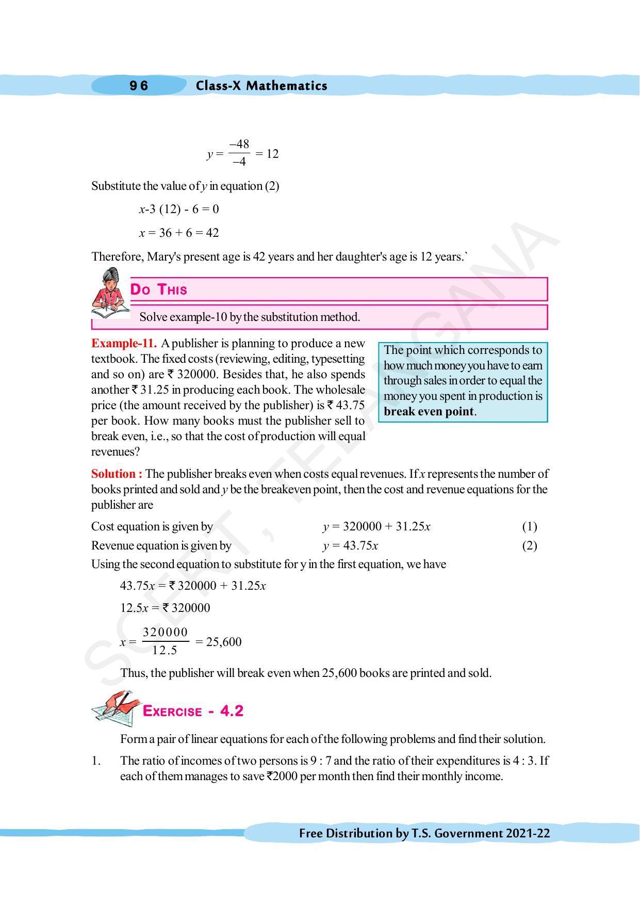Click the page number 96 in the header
tap(139, 86)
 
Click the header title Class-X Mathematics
tap(261, 86)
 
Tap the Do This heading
tap(158, 289)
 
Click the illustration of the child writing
tap(109, 293)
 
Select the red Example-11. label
tap(124, 344)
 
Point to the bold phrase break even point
tap(429, 412)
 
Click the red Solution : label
tap(117, 474)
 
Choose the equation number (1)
tap(529, 526)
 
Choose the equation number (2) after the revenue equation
tap(529, 545)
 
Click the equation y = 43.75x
tap(351, 545)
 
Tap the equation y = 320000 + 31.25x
tap(376, 526)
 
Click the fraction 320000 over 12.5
tap(165, 641)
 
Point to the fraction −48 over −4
tap(239, 153)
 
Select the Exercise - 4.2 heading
tap(192, 711)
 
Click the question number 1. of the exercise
tap(96, 761)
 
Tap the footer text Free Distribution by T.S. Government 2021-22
tap(424, 833)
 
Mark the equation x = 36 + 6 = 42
tap(179, 233)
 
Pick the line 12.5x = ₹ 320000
tap(165, 608)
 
